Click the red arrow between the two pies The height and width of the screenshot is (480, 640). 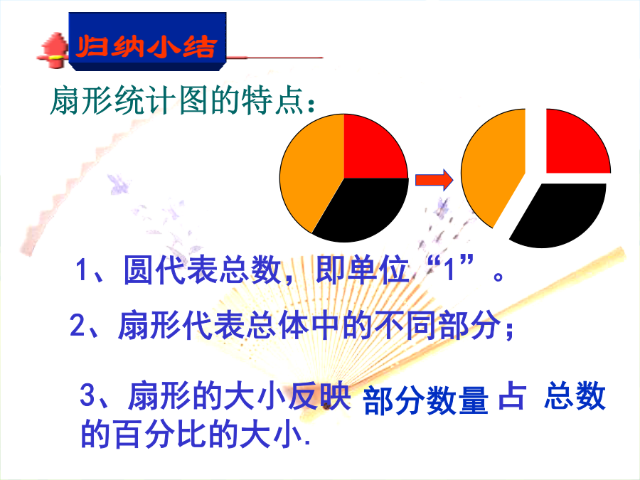(434, 180)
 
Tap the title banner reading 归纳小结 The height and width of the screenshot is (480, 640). (147, 42)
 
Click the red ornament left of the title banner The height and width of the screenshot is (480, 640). (53, 50)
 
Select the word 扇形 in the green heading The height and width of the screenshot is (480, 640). (81, 100)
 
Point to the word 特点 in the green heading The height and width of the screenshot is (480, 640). (272, 100)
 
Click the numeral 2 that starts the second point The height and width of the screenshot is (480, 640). (78, 325)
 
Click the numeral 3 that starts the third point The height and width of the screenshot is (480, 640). (87, 395)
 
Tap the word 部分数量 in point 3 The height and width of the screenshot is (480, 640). (425, 400)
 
